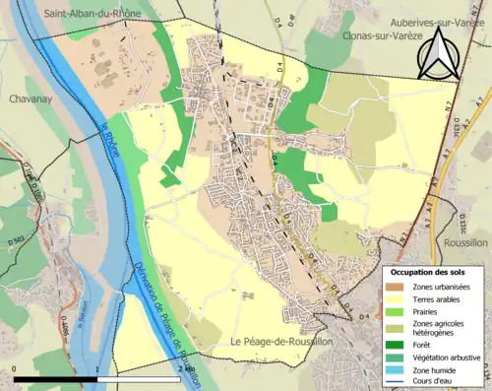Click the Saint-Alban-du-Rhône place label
[x=92, y=14]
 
